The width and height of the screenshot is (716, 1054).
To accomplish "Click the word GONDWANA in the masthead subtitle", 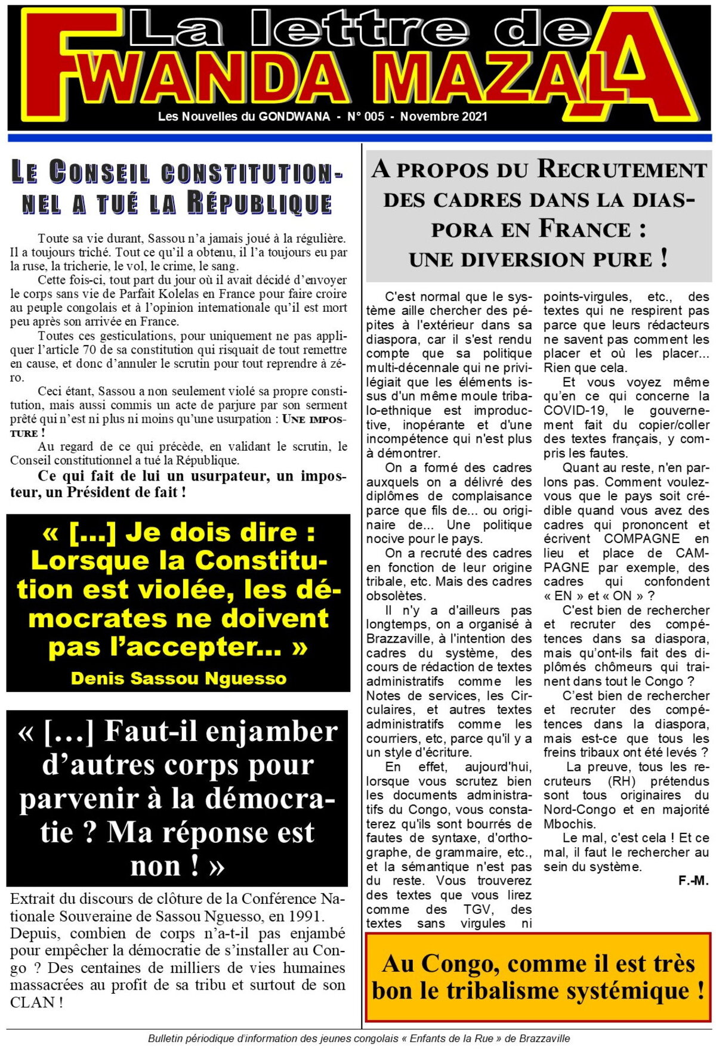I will point(294,117).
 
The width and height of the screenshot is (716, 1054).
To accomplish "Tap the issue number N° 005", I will point(366,117).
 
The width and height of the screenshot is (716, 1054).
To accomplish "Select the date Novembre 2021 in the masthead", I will point(443,117).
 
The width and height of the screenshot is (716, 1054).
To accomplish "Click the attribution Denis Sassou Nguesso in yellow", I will point(178,678).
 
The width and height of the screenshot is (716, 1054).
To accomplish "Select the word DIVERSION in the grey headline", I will point(540,260).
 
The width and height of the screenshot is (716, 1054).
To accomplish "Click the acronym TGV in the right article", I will point(478,910).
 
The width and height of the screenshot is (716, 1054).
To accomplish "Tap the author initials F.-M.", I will point(693,881).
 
